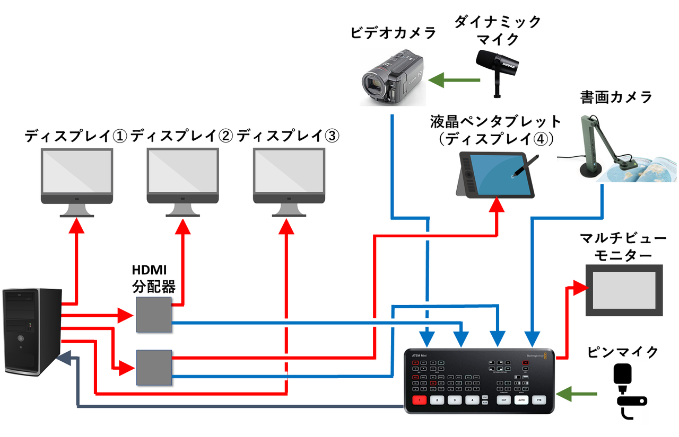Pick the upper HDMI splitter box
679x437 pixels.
click(x=153, y=314)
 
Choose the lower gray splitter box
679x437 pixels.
click(x=154, y=367)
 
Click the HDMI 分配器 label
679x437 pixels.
click(x=154, y=280)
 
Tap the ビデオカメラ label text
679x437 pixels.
click(x=393, y=33)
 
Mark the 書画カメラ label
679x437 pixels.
click(x=616, y=97)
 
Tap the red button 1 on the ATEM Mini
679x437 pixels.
click(x=420, y=400)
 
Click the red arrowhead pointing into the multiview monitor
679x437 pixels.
click(x=584, y=288)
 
